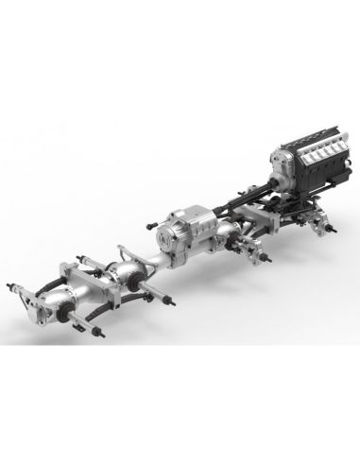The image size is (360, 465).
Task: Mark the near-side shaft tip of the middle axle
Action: click(x=171, y=301)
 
